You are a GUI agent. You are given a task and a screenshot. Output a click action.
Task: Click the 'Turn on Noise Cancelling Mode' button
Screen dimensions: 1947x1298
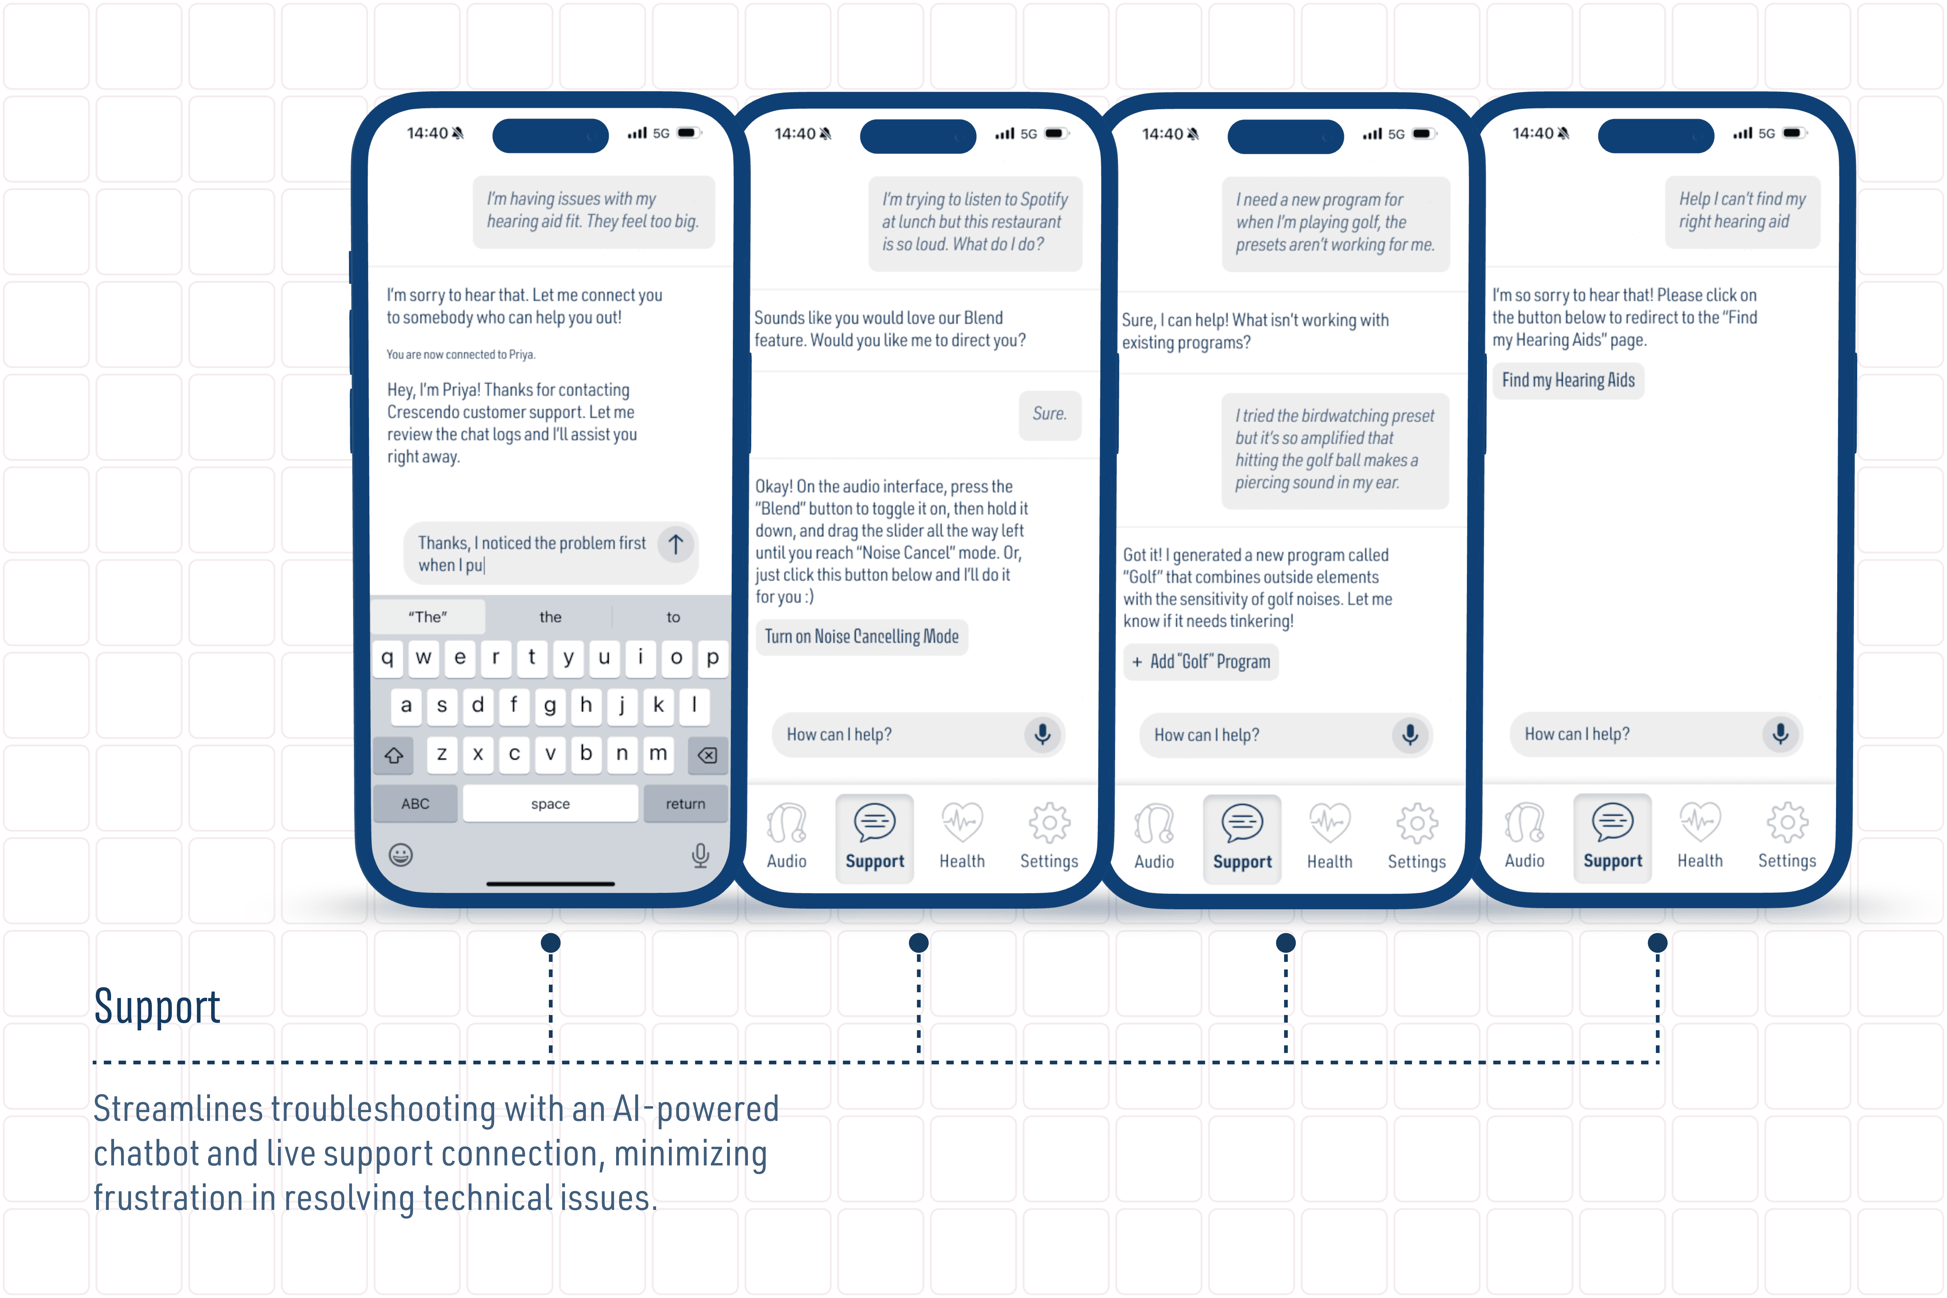coord(862,636)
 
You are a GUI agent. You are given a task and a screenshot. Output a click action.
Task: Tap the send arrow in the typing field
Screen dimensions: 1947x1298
coord(675,544)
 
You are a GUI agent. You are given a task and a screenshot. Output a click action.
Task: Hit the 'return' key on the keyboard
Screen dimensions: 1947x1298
coord(685,804)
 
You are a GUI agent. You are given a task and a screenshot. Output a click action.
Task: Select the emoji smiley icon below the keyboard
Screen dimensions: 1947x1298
coord(401,854)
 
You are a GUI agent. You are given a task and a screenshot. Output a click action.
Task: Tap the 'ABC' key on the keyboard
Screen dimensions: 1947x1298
coord(416,804)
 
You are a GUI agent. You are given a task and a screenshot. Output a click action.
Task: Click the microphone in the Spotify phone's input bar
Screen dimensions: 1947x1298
coord(1042,734)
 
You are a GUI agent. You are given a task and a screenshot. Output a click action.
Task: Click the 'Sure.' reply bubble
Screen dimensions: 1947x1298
coord(1050,414)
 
